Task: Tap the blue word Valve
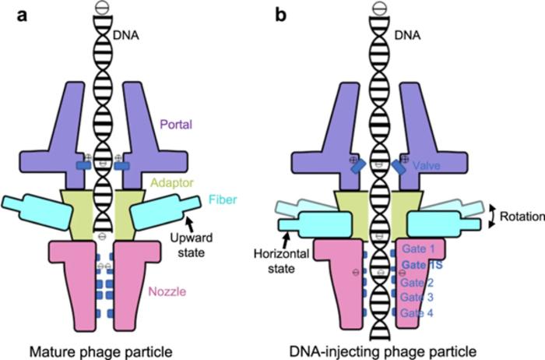[441, 166]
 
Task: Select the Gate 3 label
[423, 298]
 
